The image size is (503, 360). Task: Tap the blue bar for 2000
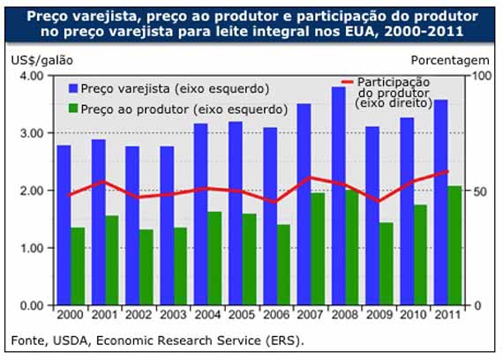coord(64,225)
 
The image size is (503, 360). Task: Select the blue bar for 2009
coord(372,215)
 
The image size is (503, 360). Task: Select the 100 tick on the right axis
coord(479,76)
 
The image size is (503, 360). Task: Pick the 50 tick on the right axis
coord(477,191)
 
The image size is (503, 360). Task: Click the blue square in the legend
coord(71,88)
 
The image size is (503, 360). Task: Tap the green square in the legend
coord(71,109)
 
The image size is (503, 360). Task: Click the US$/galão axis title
coord(41,60)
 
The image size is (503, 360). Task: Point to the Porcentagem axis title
coord(450,60)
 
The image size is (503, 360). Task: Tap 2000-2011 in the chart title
coord(427,33)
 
